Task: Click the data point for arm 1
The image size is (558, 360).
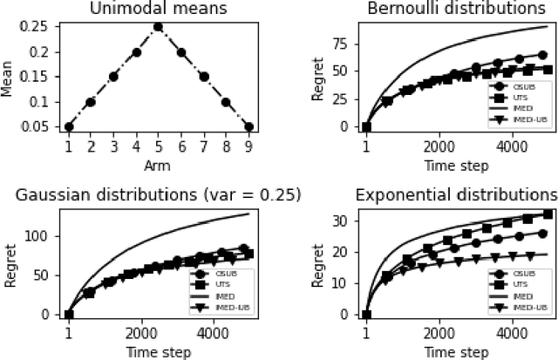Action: point(69,126)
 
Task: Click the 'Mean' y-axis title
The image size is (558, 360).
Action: point(8,77)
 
